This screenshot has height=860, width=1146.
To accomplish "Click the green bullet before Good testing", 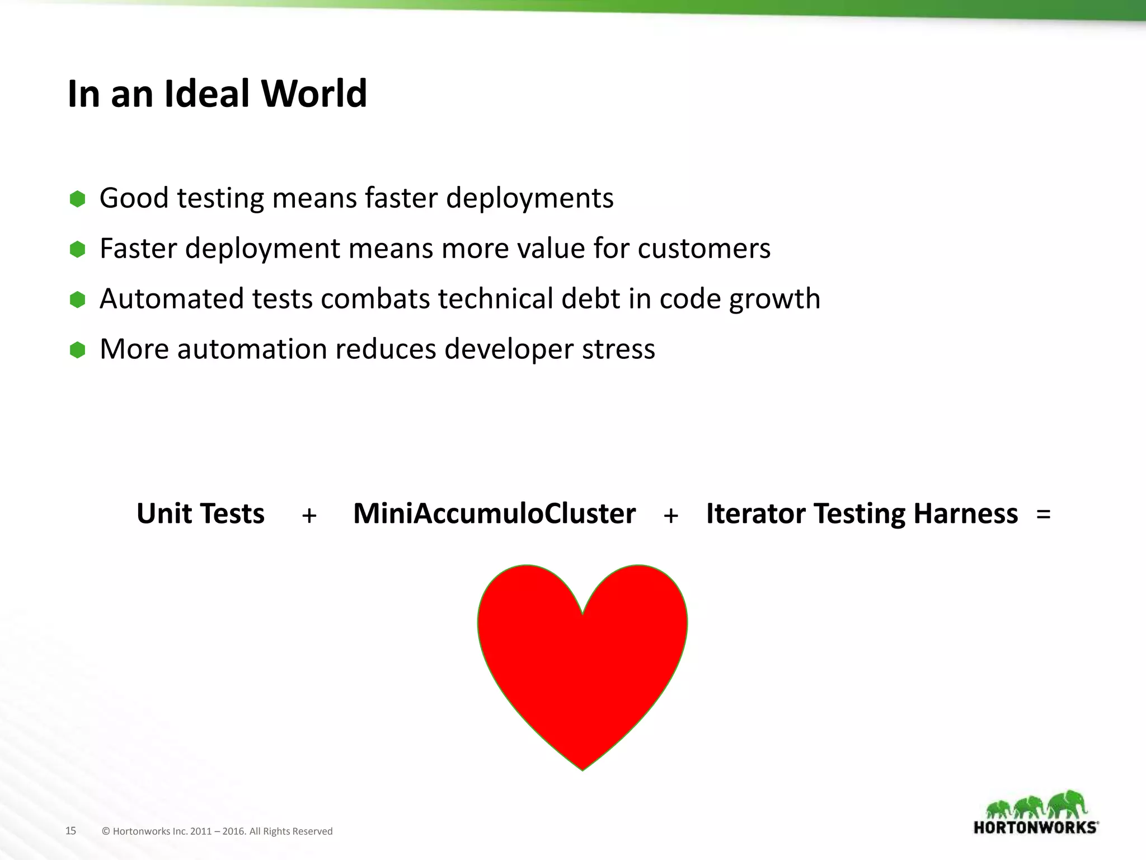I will (77, 199).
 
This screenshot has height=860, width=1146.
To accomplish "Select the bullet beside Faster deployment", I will (77, 249).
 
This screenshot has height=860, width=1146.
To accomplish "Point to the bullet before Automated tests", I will (77, 300).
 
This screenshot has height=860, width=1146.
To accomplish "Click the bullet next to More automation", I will (77, 350).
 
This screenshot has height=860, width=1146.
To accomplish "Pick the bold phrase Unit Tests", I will (200, 513).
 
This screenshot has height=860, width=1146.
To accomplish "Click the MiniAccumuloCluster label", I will (494, 513).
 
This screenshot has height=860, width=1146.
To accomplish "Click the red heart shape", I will (582, 661).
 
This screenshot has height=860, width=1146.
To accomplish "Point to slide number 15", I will (71, 831).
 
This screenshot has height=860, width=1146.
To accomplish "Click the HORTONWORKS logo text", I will (1036, 828).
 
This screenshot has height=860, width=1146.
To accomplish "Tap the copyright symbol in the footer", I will (106, 831).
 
